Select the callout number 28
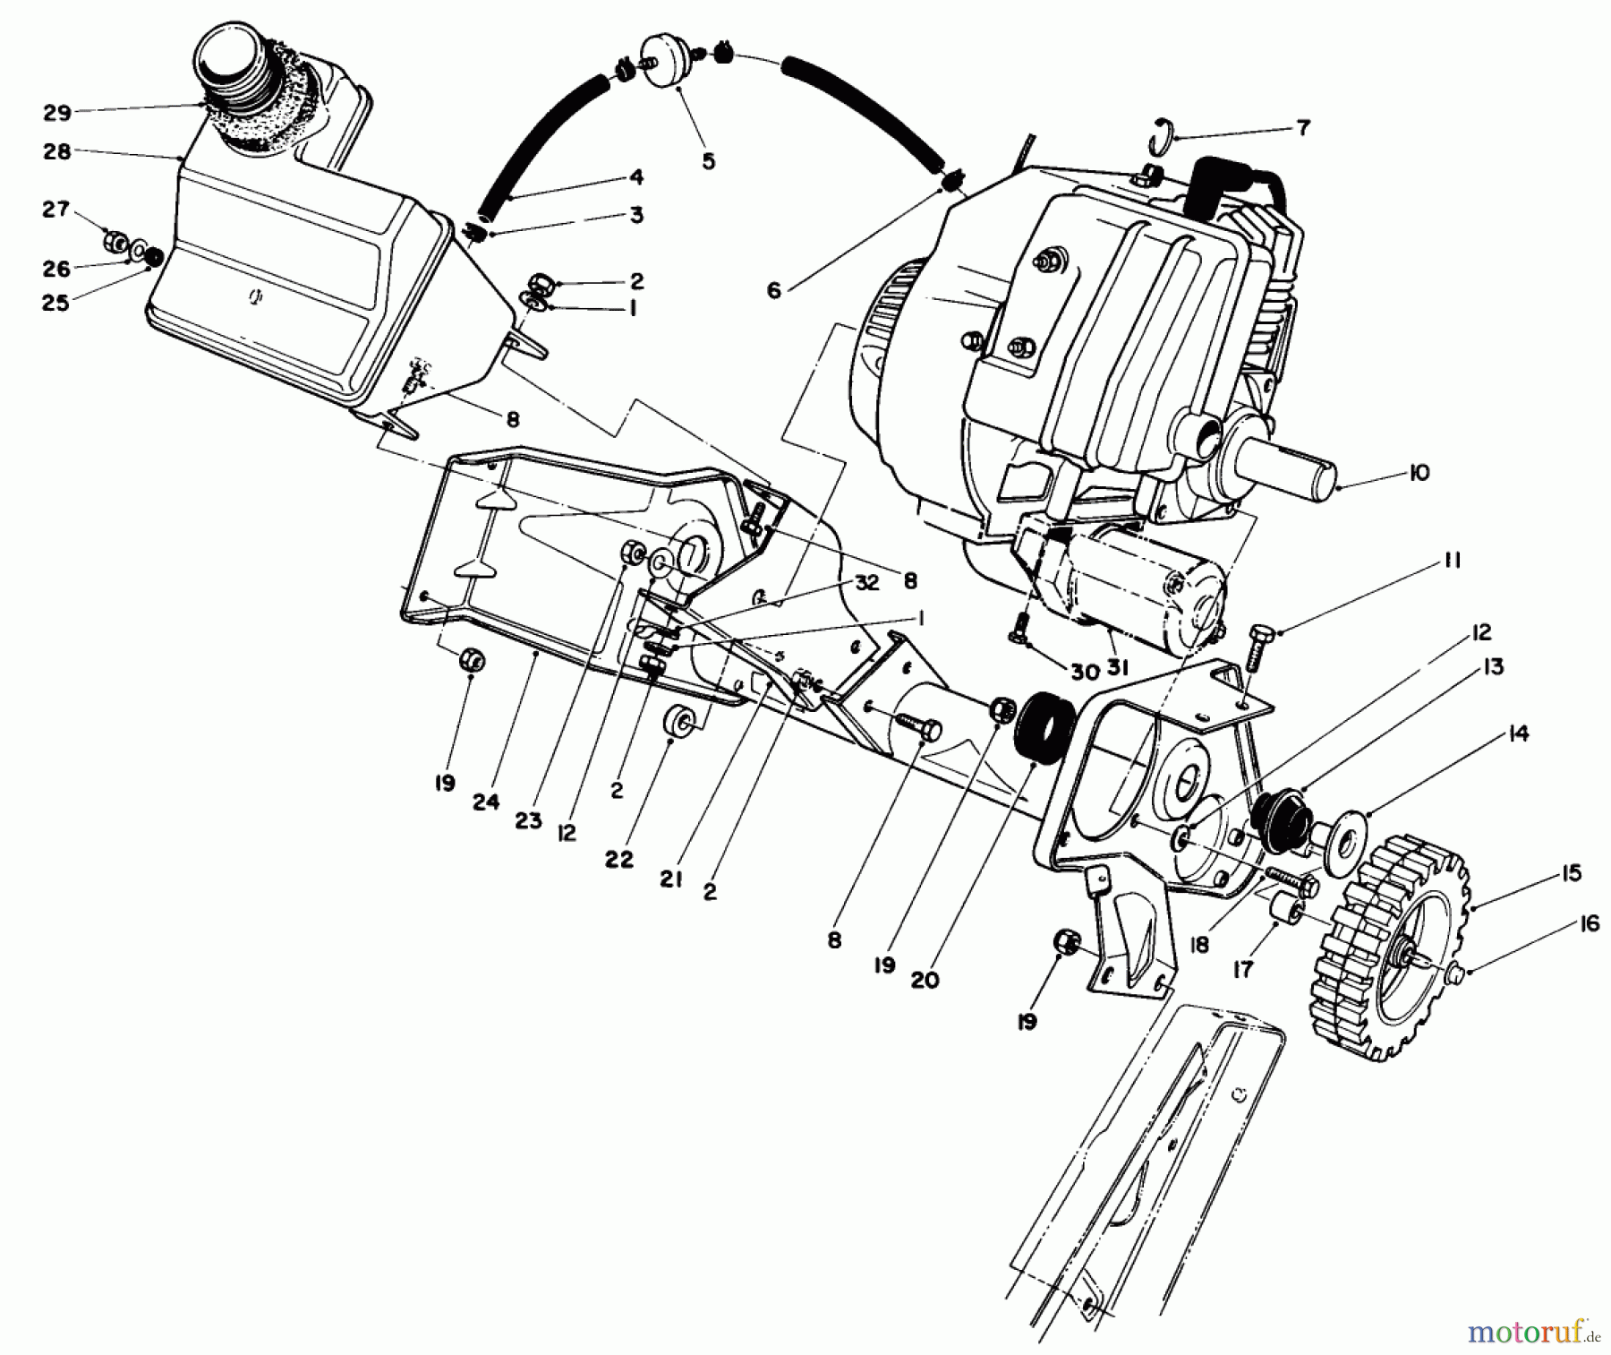[56, 152]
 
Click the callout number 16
[1589, 924]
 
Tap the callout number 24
[486, 802]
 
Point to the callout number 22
[618, 860]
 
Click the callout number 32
[865, 583]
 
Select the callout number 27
[56, 209]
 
